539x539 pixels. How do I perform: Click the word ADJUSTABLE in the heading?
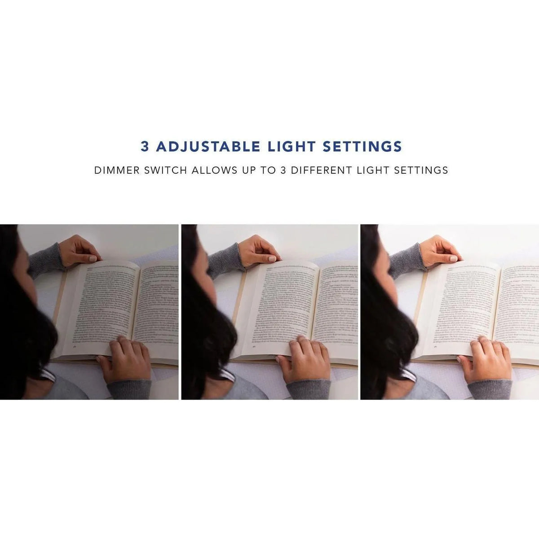coord(207,147)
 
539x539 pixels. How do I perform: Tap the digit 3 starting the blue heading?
coord(145,147)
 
